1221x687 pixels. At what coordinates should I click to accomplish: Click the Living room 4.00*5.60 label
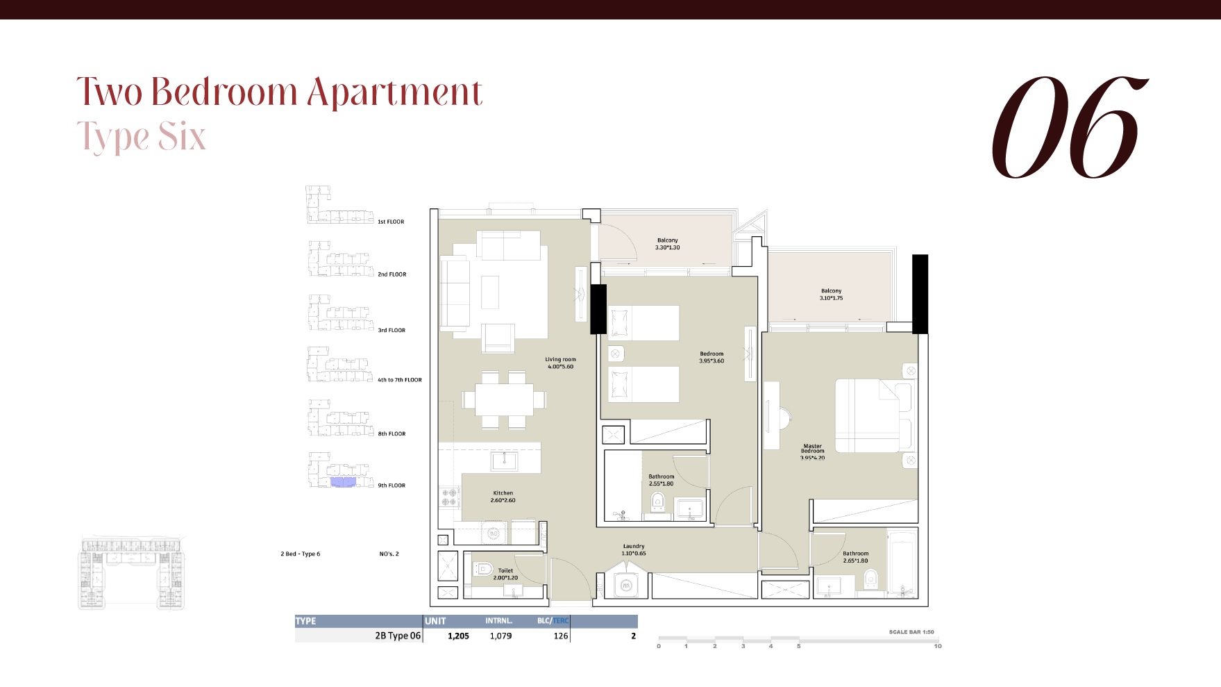560,363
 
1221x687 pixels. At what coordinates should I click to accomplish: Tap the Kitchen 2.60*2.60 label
503,497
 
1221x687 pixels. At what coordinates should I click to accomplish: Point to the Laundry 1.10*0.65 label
633,549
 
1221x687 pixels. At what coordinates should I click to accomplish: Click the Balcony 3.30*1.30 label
667,244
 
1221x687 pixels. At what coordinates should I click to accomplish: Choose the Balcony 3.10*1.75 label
831,295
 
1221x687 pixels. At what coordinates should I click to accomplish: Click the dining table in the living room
504,400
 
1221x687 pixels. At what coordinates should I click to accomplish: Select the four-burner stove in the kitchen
448,497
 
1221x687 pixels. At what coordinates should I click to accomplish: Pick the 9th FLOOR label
391,486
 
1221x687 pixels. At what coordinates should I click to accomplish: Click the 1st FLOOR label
391,222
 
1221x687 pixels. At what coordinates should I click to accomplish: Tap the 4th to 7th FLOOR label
400,380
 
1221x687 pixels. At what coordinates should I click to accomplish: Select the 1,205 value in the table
458,636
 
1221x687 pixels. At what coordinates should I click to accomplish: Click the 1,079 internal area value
500,636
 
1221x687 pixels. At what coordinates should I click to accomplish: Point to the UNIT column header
436,621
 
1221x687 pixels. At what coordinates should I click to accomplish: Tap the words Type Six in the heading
142,137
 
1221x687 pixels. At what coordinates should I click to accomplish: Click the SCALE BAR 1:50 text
911,632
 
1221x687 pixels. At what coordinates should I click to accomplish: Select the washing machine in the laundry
626,586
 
